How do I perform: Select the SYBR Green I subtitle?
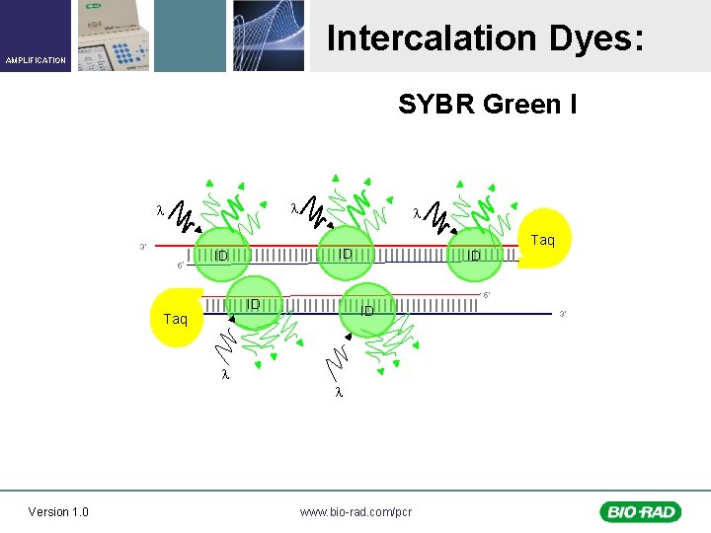(487, 104)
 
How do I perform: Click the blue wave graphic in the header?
(269, 36)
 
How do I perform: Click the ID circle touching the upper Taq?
(475, 256)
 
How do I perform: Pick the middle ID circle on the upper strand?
(345, 254)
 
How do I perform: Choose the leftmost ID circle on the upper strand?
(222, 256)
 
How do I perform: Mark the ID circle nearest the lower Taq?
(254, 304)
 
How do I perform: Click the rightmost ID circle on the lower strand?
(366, 311)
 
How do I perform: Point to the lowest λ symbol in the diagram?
(338, 393)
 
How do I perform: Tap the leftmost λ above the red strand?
(160, 210)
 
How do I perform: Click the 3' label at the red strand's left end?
(143, 246)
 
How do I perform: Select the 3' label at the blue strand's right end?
(563, 314)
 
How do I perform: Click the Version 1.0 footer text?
(58, 511)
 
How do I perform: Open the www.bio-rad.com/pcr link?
(355, 511)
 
